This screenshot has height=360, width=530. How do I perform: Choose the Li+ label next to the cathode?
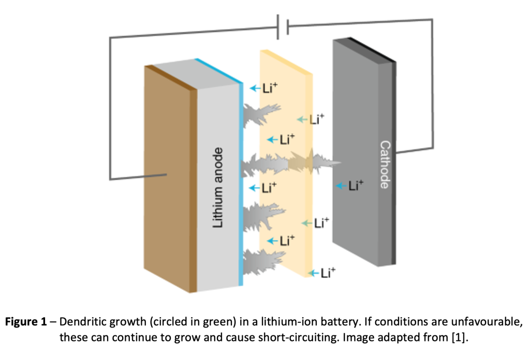pos(350,186)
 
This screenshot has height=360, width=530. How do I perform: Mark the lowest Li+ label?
pos(324,273)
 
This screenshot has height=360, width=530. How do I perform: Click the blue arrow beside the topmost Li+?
pos(253,88)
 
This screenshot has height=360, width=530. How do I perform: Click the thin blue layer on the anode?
pos(241,181)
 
